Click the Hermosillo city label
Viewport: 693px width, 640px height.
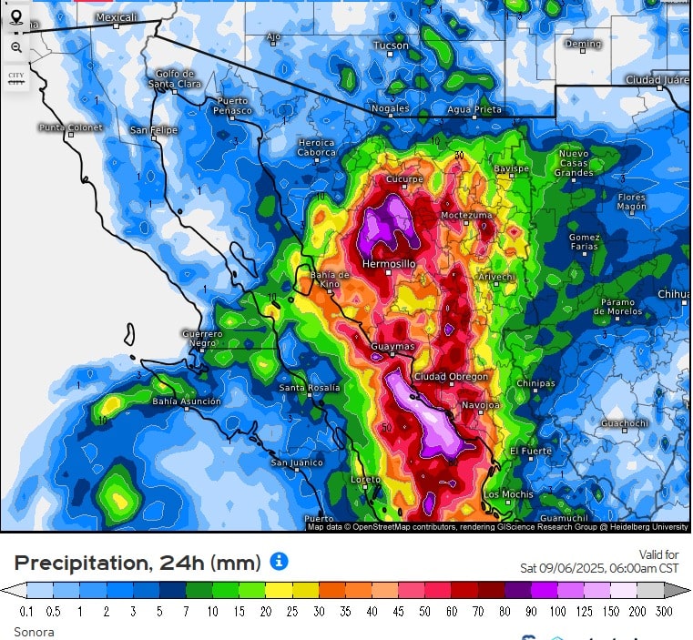tap(389, 263)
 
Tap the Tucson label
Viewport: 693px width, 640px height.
tap(391, 45)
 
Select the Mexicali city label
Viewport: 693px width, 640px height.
tap(116, 17)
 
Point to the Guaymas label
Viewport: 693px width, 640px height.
tap(392, 347)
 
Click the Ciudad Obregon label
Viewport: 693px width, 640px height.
tap(451, 376)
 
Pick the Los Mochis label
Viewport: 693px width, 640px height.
tap(508, 494)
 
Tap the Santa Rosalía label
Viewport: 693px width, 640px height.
tap(309, 388)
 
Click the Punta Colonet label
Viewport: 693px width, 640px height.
tap(70, 127)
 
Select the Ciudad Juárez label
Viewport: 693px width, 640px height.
tap(657, 80)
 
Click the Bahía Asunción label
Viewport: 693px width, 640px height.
tap(186, 401)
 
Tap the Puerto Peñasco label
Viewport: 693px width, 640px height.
tap(233, 106)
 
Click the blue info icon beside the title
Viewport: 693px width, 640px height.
tap(280, 561)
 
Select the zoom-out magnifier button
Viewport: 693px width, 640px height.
tap(16, 47)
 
